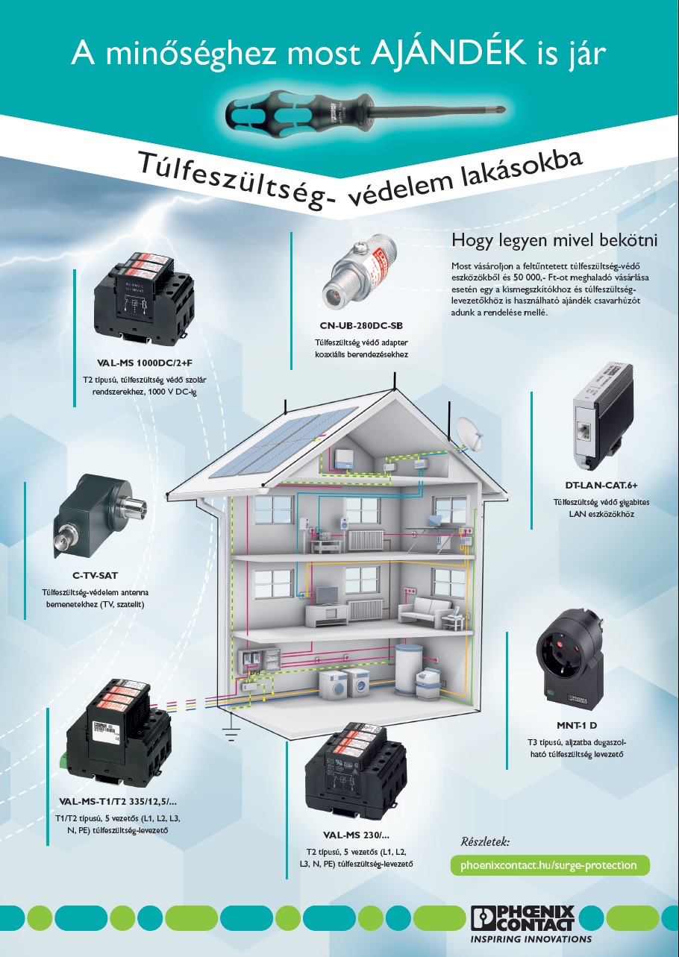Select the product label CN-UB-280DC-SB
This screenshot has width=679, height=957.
coord(360,325)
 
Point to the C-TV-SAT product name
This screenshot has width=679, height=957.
coord(95,575)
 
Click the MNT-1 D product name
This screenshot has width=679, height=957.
coord(576,725)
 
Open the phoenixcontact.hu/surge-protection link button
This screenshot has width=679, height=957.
coord(549,865)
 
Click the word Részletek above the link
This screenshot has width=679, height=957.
coord(485,841)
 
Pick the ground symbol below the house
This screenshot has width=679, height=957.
coord(231,734)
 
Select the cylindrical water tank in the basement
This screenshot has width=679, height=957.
coord(408,668)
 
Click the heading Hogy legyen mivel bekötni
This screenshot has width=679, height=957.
coord(554,240)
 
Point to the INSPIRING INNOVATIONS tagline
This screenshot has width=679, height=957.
coord(530,939)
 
